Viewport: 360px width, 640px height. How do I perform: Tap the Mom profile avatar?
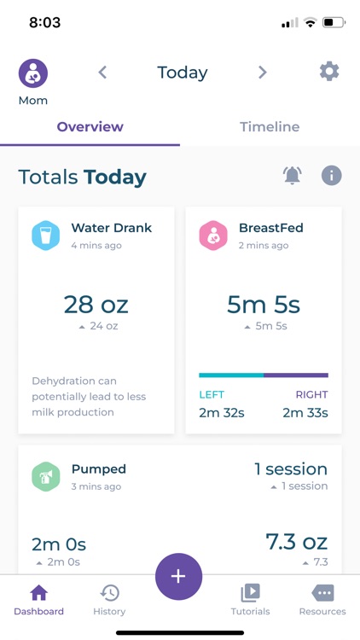[33, 73]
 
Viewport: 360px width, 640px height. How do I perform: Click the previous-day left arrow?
[102, 73]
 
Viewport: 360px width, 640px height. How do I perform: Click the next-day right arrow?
[263, 73]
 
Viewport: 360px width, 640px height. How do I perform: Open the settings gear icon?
[329, 72]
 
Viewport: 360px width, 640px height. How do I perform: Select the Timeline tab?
[270, 127]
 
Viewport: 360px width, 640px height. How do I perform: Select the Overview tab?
[90, 127]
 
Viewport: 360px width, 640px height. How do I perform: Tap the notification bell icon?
[292, 176]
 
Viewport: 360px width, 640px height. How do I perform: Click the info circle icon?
[331, 176]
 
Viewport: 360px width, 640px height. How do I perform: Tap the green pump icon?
[46, 476]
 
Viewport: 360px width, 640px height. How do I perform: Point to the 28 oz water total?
[96, 304]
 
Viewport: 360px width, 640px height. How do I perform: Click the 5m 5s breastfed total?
[264, 304]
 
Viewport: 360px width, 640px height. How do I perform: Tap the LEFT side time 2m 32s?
[221, 413]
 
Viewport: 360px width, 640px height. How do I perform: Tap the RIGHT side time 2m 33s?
[305, 413]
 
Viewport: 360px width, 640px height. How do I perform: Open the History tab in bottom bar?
[109, 599]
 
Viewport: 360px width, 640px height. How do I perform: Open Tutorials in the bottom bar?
[250, 599]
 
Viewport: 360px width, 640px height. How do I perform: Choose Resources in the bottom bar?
[322, 599]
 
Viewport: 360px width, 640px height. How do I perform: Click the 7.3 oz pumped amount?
[296, 541]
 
